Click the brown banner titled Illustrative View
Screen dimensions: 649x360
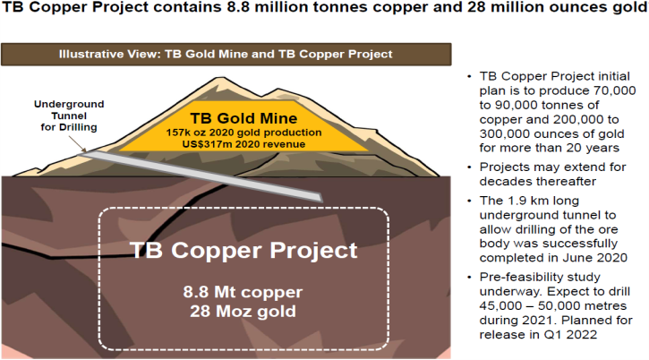(226, 55)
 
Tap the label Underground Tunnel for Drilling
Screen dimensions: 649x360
(69, 116)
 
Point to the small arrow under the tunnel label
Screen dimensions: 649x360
(77, 144)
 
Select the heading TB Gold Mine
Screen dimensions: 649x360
(243, 118)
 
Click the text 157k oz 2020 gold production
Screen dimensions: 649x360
(243, 133)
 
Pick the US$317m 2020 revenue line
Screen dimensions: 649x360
(243, 144)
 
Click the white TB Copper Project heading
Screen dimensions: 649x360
(243, 250)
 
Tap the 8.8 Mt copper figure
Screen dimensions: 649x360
(243, 292)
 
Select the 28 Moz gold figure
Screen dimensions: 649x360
(243, 311)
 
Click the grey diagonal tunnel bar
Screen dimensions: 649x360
(201, 176)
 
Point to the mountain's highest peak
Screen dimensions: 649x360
(215, 78)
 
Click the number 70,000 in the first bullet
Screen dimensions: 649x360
(614, 90)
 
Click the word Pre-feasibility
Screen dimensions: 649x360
(519, 277)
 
